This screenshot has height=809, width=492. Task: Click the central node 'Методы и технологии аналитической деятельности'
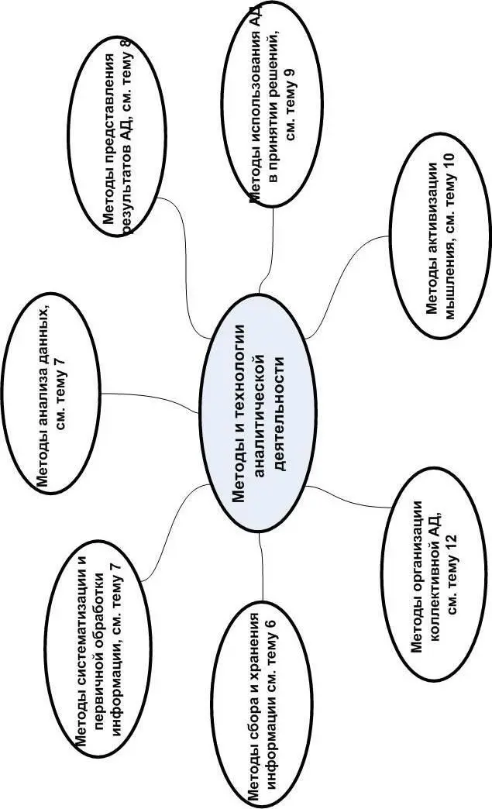pyautogui.click(x=261, y=415)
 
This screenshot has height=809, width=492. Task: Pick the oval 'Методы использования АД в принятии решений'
pyautogui.click(x=276, y=105)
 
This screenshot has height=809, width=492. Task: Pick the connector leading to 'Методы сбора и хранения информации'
pyautogui.click(x=263, y=566)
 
